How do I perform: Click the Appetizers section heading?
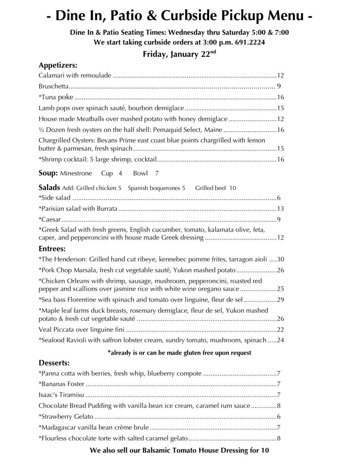pos(58,65)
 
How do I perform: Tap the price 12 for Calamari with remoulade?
pos(280,75)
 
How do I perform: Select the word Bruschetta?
pos(53,86)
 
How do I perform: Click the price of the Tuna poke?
pos(280,97)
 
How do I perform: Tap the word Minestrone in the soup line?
pos(76,173)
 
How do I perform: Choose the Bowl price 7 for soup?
pos(157,173)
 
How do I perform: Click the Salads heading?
pos(49,188)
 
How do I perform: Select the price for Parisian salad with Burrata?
pos(280,209)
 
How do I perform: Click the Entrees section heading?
pos(52,249)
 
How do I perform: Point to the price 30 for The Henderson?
pos(280,259)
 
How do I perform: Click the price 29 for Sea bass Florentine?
pos(280,300)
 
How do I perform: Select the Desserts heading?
pos(54,363)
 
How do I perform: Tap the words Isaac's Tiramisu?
pos(61,395)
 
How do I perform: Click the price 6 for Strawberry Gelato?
pos(279,417)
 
